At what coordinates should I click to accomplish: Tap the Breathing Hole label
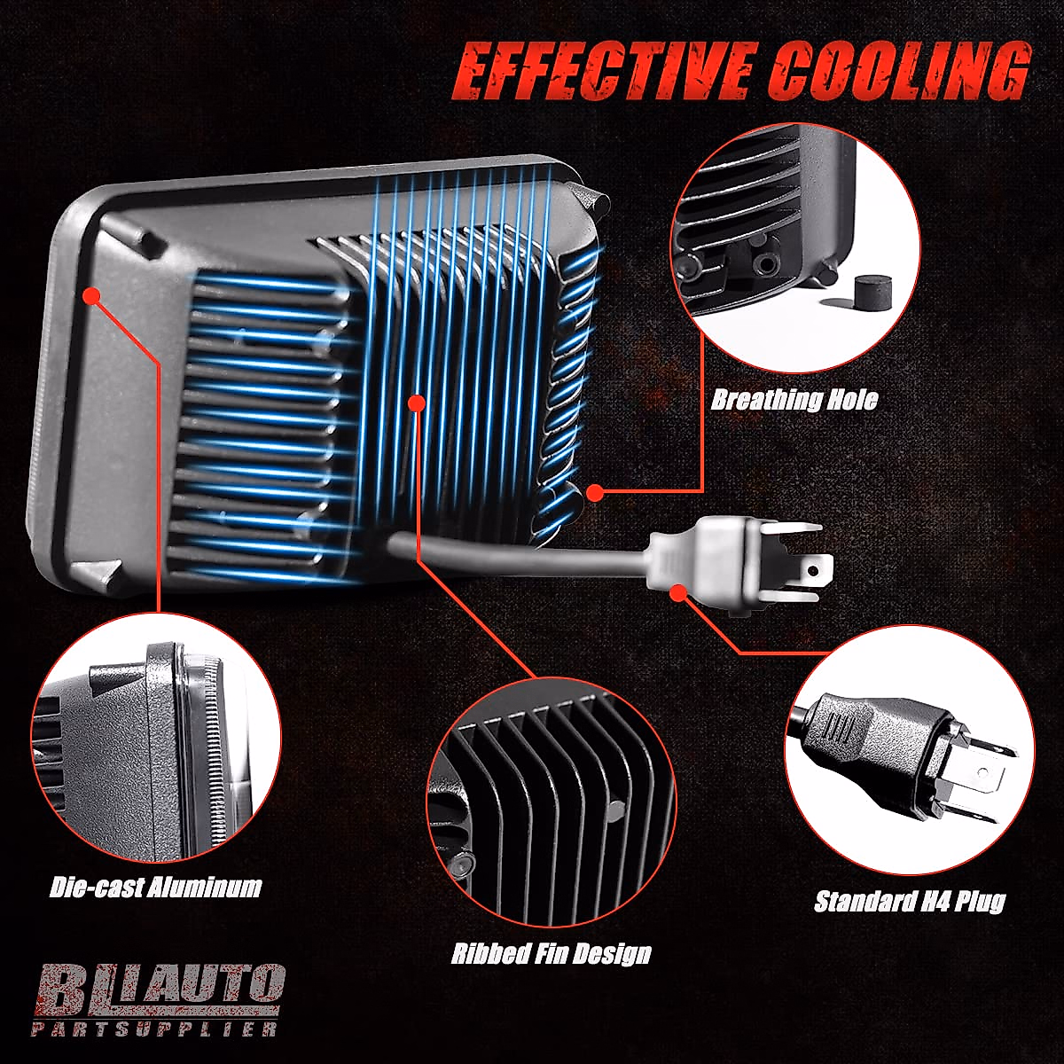coord(794,400)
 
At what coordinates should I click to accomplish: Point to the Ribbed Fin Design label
coord(551,954)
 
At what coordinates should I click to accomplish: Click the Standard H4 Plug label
coord(910,902)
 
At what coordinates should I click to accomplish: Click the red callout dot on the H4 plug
coord(679,591)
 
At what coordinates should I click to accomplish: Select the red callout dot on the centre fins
coord(415,403)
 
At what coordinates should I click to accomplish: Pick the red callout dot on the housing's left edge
coord(90,294)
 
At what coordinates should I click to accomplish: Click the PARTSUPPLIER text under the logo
coord(154,1029)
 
